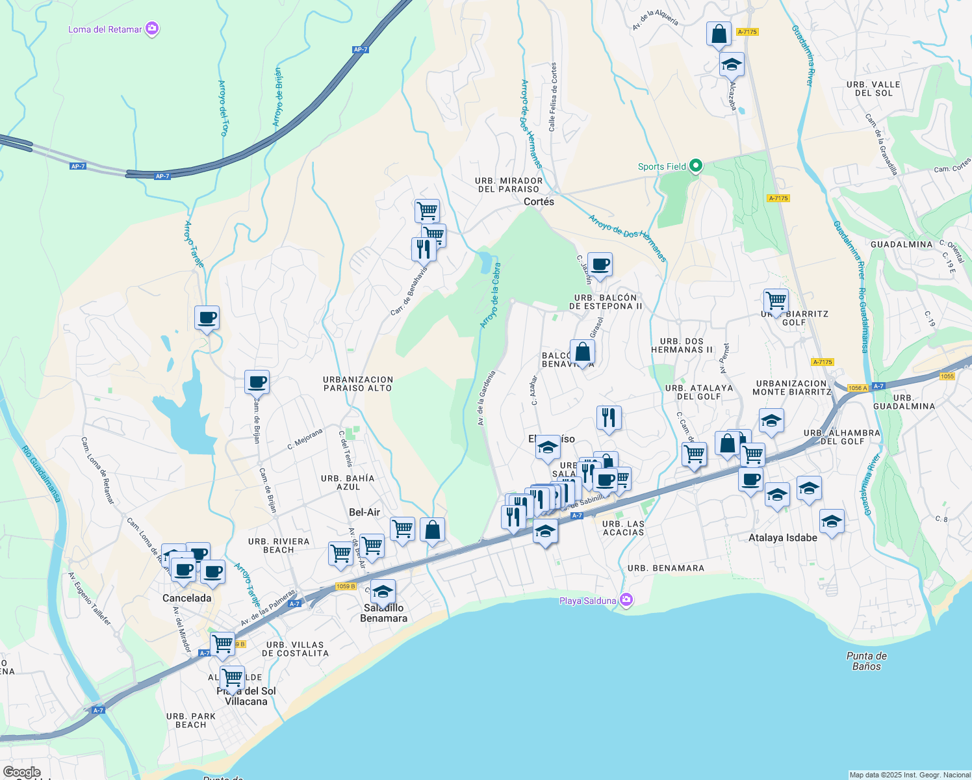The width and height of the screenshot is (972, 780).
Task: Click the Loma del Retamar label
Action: pyautogui.click(x=105, y=29)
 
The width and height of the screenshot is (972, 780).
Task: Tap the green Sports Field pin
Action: pyautogui.click(x=695, y=166)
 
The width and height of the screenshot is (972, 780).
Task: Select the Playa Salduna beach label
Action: pyautogui.click(x=587, y=601)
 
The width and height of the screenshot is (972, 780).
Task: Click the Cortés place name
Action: pyautogui.click(x=539, y=201)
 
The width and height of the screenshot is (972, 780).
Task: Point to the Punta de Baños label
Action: pyautogui.click(x=867, y=661)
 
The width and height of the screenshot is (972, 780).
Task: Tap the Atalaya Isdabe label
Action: pyautogui.click(x=782, y=538)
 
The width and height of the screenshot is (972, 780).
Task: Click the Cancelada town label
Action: pyautogui.click(x=186, y=598)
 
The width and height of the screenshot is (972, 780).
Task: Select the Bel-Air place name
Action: pyautogui.click(x=364, y=512)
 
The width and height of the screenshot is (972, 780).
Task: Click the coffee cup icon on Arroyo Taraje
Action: pyautogui.click(x=207, y=318)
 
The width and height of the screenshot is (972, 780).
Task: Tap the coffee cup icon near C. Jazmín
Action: pyautogui.click(x=600, y=265)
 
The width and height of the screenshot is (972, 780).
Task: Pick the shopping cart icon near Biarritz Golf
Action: pyautogui.click(x=776, y=301)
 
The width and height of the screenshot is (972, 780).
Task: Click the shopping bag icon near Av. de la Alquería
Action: pyautogui.click(x=719, y=34)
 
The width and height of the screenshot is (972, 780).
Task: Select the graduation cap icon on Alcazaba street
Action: pyautogui.click(x=732, y=64)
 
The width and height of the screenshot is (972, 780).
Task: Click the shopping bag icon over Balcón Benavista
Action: pyautogui.click(x=582, y=352)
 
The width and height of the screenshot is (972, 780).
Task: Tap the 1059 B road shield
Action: pyautogui.click(x=346, y=586)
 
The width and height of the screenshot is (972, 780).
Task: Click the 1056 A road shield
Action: pyautogui.click(x=858, y=388)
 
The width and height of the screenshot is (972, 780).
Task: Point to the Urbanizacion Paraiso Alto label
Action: pyautogui.click(x=358, y=383)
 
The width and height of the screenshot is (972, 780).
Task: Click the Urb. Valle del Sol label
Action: pyautogui.click(x=873, y=88)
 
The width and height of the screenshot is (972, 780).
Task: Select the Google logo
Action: pyautogui.click(x=22, y=772)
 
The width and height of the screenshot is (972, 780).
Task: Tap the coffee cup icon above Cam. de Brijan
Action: pyautogui.click(x=257, y=382)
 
